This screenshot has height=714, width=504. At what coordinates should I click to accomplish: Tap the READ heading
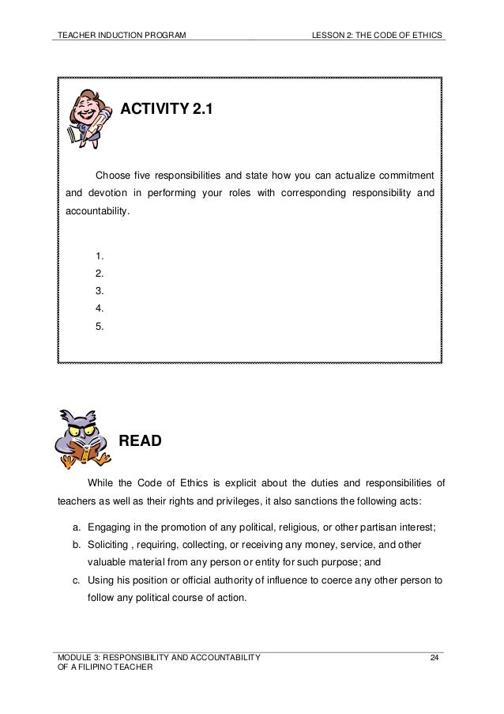(x=141, y=441)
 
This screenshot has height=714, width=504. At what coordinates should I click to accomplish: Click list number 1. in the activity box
(x=100, y=255)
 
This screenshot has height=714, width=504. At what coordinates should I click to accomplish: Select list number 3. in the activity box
(x=100, y=291)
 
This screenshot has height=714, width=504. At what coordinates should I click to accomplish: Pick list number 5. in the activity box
(x=100, y=326)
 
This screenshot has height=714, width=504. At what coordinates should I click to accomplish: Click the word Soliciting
(x=107, y=546)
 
